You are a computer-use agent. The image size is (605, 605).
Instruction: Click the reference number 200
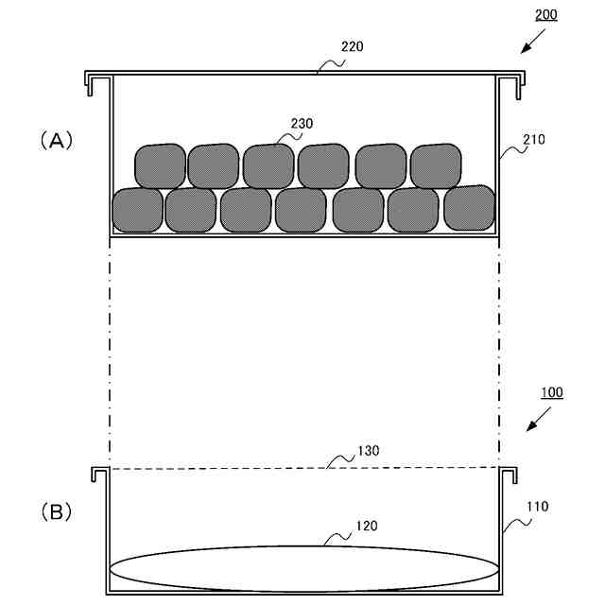click(546, 15)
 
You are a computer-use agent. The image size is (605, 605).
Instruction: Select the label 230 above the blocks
click(302, 124)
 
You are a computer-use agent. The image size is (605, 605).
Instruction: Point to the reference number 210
click(534, 139)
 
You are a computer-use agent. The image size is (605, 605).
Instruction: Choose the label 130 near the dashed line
click(369, 452)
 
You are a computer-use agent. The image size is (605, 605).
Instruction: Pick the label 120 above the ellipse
click(367, 526)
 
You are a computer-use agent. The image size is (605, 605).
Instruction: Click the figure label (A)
click(56, 140)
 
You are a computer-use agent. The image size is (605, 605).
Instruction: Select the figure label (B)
click(56, 512)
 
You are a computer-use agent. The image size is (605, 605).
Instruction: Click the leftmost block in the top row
click(160, 166)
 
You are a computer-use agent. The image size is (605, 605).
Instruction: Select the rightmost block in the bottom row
click(470, 207)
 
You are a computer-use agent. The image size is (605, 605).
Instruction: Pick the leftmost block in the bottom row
click(138, 211)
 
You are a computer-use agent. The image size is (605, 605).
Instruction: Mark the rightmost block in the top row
click(436, 165)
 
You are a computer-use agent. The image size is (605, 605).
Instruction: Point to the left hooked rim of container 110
click(97, 475)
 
